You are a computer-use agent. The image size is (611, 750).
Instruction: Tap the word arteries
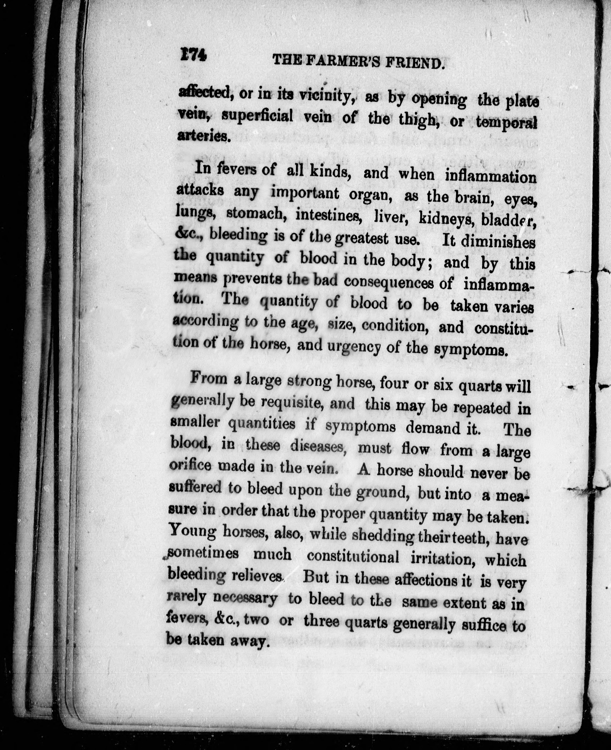click(203, 135)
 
